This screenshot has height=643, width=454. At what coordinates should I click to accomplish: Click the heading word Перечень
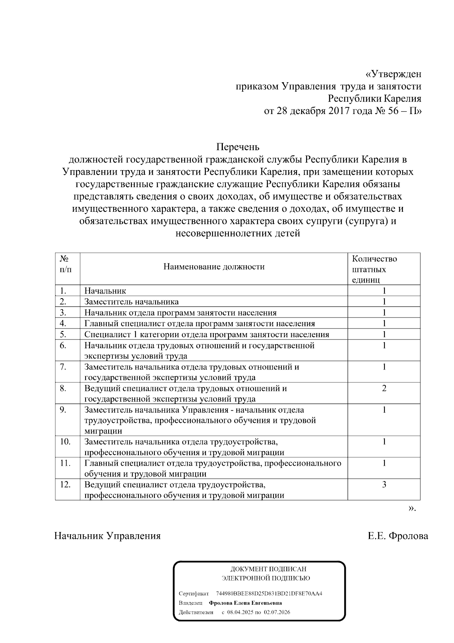(238, 146)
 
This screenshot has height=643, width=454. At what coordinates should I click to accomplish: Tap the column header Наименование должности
(214, 267)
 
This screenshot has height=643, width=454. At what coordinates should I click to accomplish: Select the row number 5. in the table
(63, 334)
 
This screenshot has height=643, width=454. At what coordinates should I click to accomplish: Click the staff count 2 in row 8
(384, 388)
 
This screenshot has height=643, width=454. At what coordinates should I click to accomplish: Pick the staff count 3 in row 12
(384, 485)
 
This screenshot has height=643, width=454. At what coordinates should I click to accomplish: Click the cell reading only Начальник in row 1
(105, 291)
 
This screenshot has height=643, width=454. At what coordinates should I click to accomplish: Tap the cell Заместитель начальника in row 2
(131, 302)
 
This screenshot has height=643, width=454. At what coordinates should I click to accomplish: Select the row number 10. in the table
(65, 441)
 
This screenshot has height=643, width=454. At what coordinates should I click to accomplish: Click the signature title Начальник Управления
(107, 536)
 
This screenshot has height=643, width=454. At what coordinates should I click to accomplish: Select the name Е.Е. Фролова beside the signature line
(398, 536)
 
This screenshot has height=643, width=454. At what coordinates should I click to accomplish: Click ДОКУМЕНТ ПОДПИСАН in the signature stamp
(268, 569)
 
